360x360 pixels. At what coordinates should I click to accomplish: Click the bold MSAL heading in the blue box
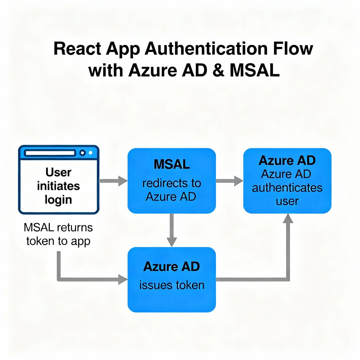(172, 164)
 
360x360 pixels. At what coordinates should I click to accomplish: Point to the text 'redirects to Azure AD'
(172, 190)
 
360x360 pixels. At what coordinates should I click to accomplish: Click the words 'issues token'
(172, 285)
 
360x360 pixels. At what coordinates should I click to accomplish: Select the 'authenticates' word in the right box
(287, 188)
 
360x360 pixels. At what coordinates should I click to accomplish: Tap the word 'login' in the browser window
(58, 200)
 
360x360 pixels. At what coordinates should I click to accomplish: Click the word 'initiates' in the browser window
(58, 186)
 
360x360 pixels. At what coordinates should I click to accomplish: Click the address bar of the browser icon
(50, 153)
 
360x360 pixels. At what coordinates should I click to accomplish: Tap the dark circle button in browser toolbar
(82, 153)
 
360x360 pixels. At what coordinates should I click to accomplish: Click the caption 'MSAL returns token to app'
(58, 234)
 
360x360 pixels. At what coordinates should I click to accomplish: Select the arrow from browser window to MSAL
(113, 181)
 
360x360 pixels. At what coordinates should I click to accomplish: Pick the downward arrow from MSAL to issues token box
(172, 230)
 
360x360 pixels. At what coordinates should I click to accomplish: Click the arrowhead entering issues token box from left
(123, 279)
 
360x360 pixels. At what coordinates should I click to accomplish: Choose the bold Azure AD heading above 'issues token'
(172, 266)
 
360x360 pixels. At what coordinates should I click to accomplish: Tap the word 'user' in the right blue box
(287, 201)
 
